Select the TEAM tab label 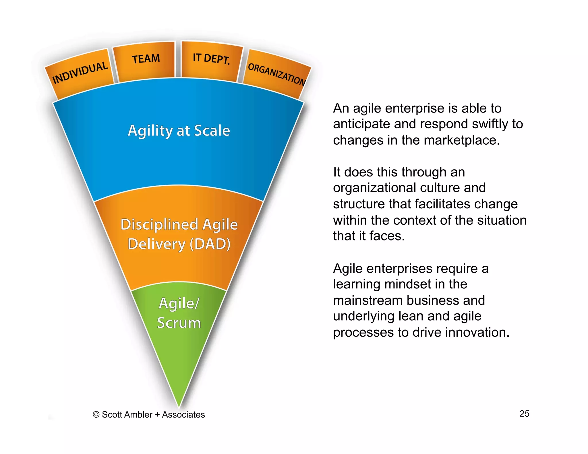coord(146,59)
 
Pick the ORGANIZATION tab coord(276,74)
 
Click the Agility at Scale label coord(179,131)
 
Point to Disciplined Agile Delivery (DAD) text coord(179,234)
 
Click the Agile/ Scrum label coord(179,313)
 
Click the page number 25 coord(524,414)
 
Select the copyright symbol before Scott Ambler coord(96,415)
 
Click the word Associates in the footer coord(183,415)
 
